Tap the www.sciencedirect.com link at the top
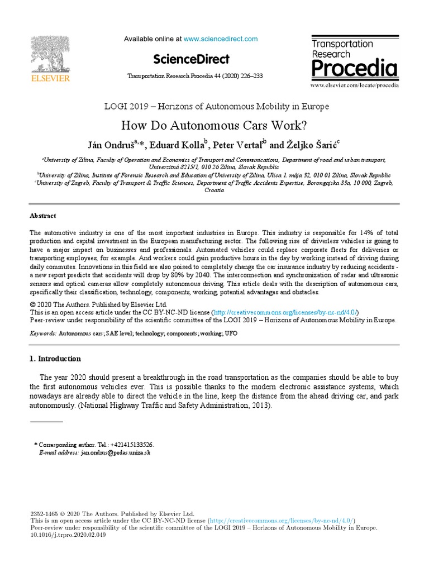point(221,39)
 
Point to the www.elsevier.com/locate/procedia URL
point(354,85)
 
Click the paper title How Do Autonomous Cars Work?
point(214,125)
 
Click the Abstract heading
point(42,216)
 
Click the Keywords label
point(43,333)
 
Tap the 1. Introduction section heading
point(55,359)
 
